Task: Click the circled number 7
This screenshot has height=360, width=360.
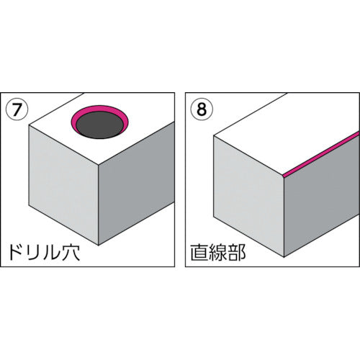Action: coord(17,110)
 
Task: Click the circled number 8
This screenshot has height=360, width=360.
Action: coord(202,110)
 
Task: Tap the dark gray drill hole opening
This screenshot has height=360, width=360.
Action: coord(99,125)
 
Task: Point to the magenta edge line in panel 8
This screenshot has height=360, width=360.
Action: coord(322,153)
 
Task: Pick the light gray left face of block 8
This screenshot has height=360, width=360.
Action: coord(248,196)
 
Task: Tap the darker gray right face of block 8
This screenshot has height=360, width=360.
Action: coord(322,197)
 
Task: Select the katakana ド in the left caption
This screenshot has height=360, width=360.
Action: coord(16,253)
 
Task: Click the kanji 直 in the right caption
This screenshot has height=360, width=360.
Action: coord(199,253)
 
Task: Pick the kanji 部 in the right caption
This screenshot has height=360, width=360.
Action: coord(236,253)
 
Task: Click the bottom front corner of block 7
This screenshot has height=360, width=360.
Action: coord(99,245)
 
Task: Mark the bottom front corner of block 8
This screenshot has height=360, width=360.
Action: coord(284,257)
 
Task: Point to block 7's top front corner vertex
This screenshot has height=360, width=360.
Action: coord(99,166)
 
